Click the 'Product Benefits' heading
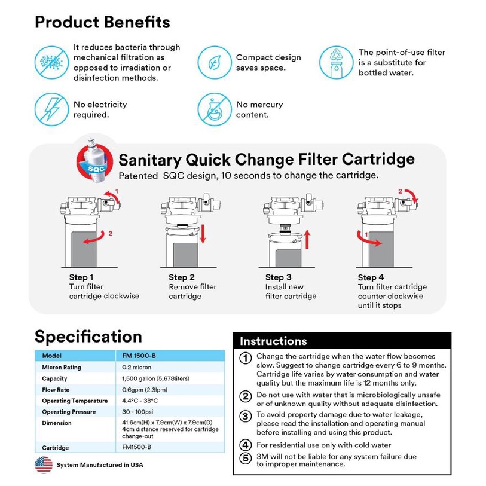click(102, 22)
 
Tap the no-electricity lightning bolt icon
click(51, 109)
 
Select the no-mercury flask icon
click(214, 109)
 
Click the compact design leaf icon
click(214, 62)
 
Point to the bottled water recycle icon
click(336, 62)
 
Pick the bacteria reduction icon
click(51, 62)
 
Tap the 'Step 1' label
click(81, 277)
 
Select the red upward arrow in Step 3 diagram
click(305, 238)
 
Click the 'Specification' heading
click(88, 336)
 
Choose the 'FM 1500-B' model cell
click(138, 356)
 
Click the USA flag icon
click(43, 464)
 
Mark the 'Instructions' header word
click(273, 341)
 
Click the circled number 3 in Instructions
click(245, 417)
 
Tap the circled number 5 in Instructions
click(245, 459)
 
